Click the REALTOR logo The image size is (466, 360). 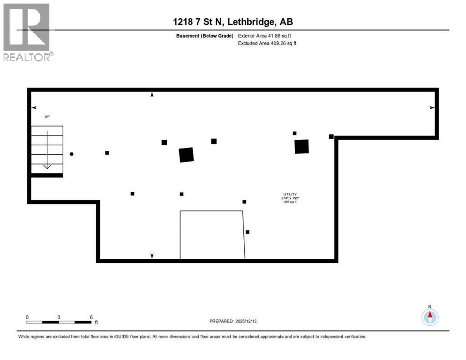click(x=27, y=32)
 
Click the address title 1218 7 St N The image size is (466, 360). click(x=233, y=22)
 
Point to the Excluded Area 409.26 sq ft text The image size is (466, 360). click(x=267, y=44)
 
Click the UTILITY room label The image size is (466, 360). click(x=290, y=194)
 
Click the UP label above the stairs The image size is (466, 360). click(x=47, y=116)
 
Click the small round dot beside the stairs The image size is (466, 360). click(x=71, y=154)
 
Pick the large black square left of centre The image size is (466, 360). click(x=186, y=155)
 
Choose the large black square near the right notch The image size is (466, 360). click(x=301, y=147)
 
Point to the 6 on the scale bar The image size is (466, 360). click(x=91, y=317)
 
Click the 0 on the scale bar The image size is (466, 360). click(x=27, y=317)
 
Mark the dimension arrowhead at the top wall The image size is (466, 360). click(x=152, y=95)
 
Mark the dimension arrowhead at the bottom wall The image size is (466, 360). click(x=152, y=256)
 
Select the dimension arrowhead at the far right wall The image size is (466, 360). click(x=431, y=108)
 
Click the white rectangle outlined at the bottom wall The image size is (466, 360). click(x=212, y=234)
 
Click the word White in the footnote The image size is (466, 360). click(x=24, y=337)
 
